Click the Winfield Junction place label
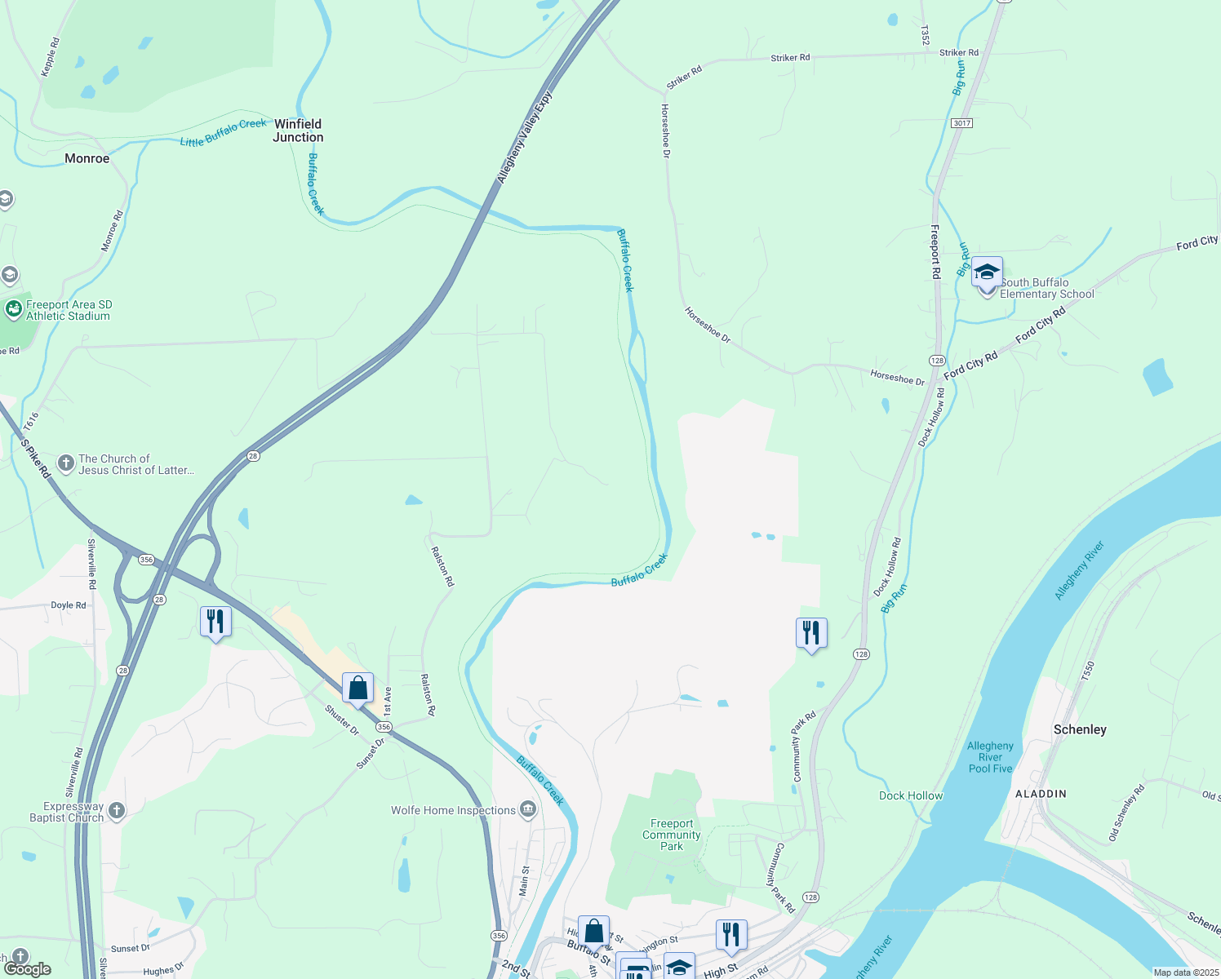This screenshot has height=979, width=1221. point(298,131)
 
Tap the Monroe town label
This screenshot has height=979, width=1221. point(87,158)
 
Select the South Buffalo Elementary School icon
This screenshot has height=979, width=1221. point(987,272)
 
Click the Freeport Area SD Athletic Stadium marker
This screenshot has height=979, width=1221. point(13,309)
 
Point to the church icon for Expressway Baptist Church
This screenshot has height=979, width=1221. point(117,810)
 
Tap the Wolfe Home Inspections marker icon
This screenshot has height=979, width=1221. point(528,809)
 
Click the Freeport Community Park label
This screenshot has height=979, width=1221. point(672,835)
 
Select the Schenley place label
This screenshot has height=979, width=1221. point(1080,729)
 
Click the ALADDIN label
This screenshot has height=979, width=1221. point(1041,793)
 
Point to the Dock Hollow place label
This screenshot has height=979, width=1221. point(911,795)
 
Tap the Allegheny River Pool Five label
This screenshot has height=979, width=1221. point(990,757)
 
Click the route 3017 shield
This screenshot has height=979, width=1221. point(961,122)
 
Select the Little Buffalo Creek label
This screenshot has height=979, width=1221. point(223,133)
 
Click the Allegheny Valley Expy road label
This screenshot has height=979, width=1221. point(524,137)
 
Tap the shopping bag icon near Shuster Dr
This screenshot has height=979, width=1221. point(357,689)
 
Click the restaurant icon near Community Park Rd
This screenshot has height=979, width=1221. point(811,633)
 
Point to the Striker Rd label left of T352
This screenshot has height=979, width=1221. point(790,58)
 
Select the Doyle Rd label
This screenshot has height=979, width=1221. point(69,605)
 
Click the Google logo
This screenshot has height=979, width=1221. point(28,969)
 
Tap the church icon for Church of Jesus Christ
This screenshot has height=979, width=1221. point(66,463)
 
